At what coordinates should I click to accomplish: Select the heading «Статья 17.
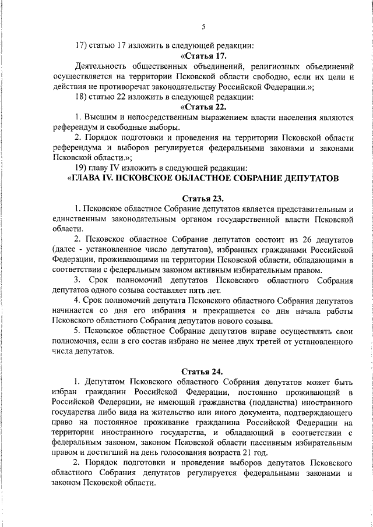(203, 55)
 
